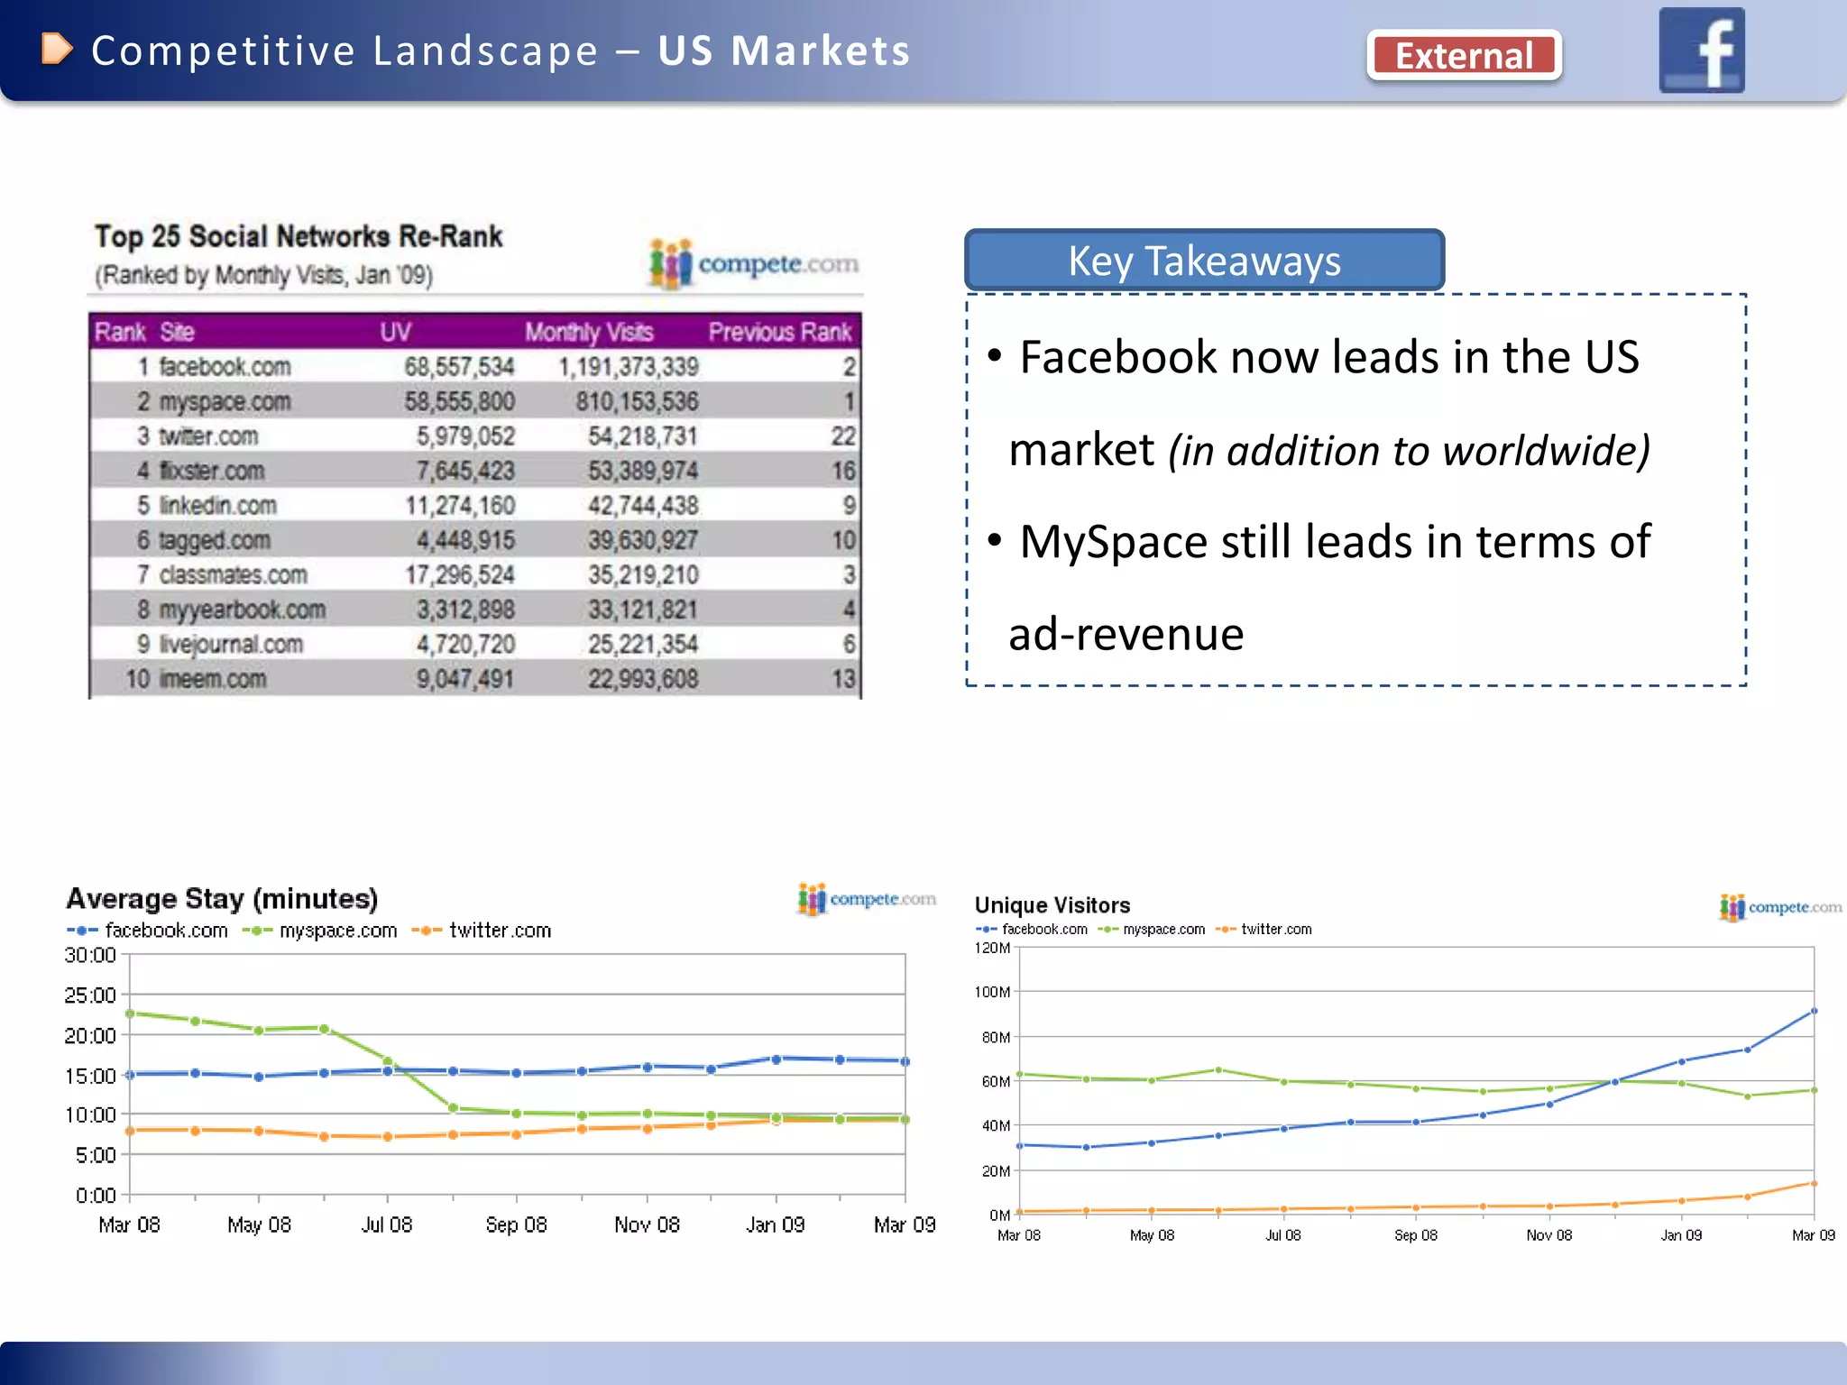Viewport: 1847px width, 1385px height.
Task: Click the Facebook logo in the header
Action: point(1701,50)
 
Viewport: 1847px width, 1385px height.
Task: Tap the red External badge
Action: point(1464,56)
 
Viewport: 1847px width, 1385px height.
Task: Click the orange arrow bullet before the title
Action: point(57,50)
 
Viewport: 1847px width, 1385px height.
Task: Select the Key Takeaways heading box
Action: point(1204,261)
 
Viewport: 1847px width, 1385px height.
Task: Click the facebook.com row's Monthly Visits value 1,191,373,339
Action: point(628,367)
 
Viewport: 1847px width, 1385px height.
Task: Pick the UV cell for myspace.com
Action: point(459,401)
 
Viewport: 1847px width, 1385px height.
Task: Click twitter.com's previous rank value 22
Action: point(842,436)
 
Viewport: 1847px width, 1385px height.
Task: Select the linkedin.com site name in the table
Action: point(217,506)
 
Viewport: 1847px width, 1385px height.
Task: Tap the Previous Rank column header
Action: point(779,332)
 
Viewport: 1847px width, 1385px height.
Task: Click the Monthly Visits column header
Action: point(589,332)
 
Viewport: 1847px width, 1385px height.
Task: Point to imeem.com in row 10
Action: point(213,679)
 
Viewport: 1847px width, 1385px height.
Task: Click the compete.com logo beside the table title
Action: point(754,264)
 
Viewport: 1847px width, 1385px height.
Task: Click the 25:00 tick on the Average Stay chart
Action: point(90,995)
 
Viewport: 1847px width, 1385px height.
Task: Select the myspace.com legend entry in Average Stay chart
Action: point(337,931)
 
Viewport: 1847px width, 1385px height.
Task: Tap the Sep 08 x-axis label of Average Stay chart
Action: point(516,1224)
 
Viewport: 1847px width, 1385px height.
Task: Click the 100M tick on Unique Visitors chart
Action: point(992,992)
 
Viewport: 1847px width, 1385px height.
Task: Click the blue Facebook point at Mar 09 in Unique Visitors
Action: point(1814,1011)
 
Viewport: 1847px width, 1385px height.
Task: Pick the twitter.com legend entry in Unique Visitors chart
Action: point(1275,930)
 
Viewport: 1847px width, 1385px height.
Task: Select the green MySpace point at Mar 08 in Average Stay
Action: point(130,1014)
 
